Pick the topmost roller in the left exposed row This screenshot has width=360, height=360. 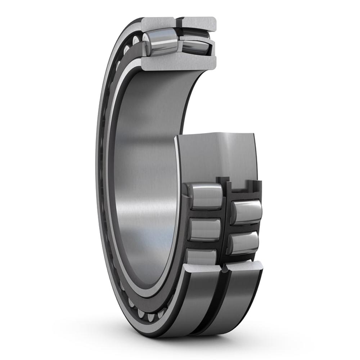[206, 196]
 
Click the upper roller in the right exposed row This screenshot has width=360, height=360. [247, 212]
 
